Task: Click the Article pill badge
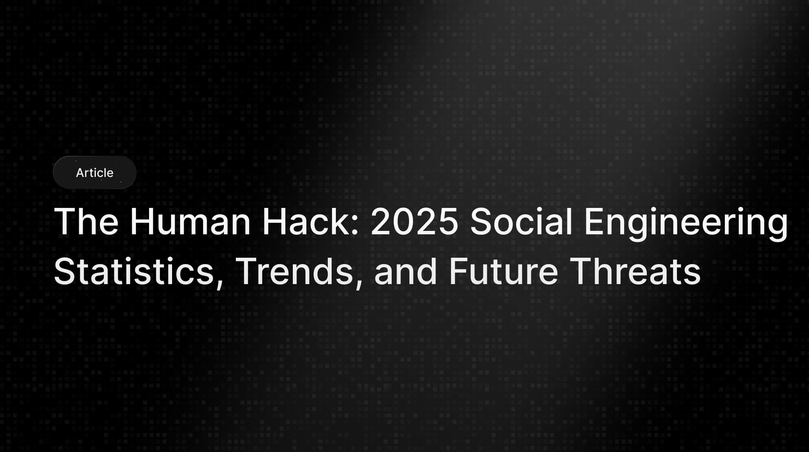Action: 94,172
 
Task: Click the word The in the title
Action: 86,222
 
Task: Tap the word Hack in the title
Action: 305,222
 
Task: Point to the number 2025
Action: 414,222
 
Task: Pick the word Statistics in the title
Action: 134,271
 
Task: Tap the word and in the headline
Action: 405,271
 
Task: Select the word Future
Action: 503,271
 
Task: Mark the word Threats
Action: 637,271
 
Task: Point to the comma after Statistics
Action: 220,283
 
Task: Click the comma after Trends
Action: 358,283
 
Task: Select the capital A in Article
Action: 80,173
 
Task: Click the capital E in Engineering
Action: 593,222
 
